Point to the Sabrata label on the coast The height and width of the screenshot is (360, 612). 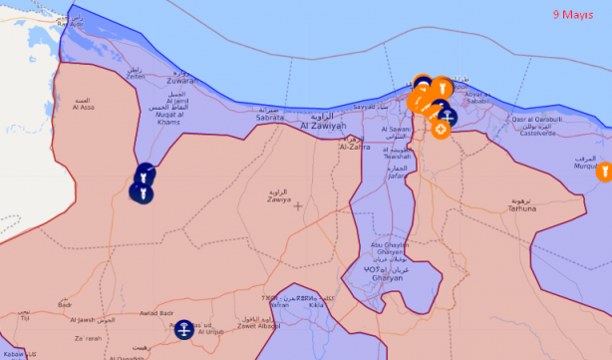270,117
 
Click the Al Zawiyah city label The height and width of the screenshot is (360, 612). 323,126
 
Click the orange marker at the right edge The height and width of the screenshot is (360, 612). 603,172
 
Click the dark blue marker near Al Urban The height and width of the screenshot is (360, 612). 183,327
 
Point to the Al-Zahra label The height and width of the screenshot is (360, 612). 354,146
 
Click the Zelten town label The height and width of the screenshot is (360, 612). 135,76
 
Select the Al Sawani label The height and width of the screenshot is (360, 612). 396,131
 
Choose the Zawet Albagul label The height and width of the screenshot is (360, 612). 258,326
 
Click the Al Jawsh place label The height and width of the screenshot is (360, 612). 83,319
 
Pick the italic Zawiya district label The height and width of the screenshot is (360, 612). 278,198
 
